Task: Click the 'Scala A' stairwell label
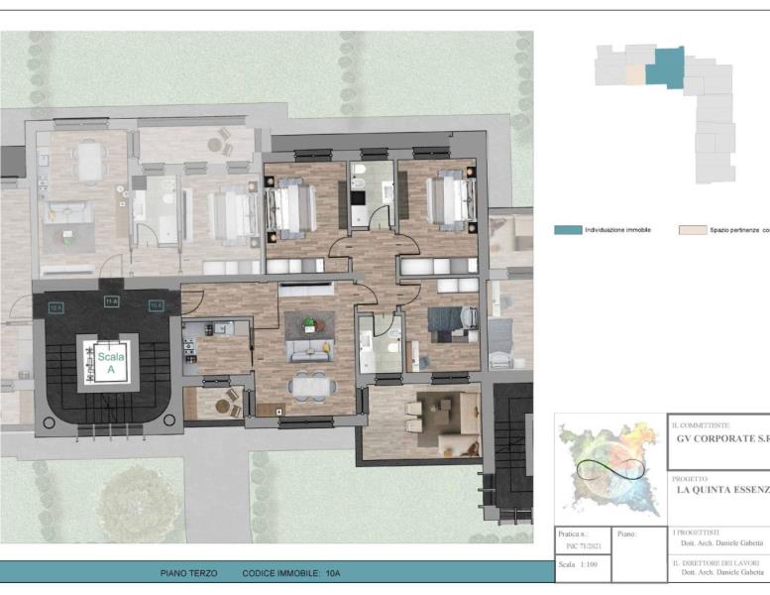[104, 360]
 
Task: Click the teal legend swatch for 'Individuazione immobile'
[567, 229]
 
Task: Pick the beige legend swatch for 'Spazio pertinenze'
[692, 229]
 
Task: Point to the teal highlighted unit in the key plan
[665, 66]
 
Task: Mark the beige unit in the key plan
[634, 74]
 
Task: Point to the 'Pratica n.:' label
[574, 533]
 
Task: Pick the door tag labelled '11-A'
[112, 299]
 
